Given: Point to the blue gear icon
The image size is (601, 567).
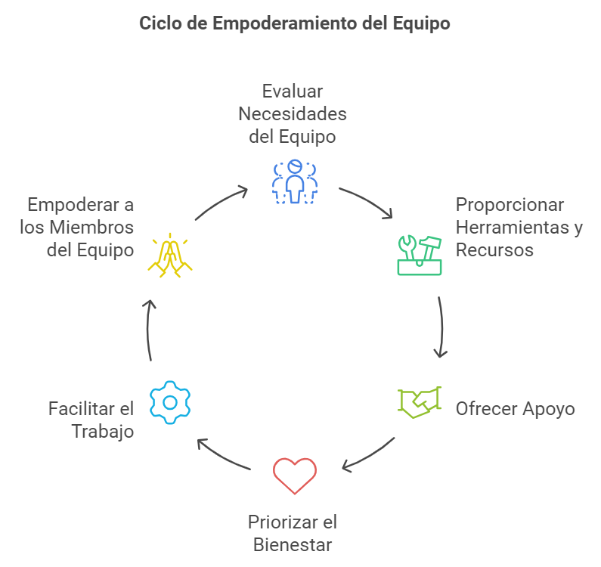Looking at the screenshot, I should tap(170, 401).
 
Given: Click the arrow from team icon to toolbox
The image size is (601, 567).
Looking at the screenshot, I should tap(366, 202).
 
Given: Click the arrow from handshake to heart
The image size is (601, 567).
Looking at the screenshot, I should tap(368, 455).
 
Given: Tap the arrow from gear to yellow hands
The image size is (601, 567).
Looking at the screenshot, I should tap(148, 329).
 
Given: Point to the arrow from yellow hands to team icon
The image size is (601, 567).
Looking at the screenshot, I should tap(221, 203).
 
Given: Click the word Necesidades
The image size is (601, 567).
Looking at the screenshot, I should tap(293, 114).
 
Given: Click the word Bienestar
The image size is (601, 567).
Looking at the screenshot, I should tap(293, 544).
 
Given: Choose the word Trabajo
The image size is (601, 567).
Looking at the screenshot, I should tap(103, 432).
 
